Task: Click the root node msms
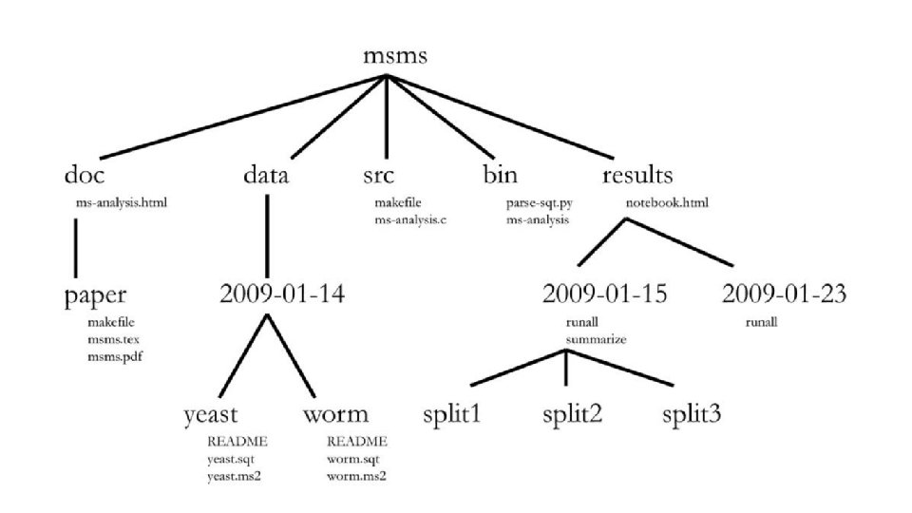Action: [x=395, y=56]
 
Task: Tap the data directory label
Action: [x=266, y=176]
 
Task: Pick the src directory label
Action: [x=379, y=176]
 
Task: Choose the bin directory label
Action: [x=500, y=176]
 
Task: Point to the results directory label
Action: [x=637, y=176]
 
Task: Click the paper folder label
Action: [x=95, y=294]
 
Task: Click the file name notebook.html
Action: [x=667, y=202]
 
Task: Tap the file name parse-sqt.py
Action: [x=540, y=202]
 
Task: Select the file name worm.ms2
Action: [x=356, y=476]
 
